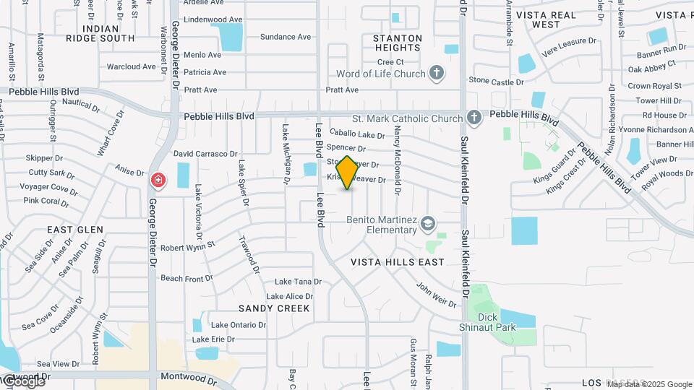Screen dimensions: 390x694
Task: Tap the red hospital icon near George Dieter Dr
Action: (157, 179)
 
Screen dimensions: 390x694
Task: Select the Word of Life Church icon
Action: (436, 73)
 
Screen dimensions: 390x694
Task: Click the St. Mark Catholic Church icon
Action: (474, 117)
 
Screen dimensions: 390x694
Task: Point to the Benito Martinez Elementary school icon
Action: (429, 224)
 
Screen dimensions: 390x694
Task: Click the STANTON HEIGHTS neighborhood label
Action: (398, 43)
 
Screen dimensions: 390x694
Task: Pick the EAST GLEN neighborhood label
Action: (75, 230)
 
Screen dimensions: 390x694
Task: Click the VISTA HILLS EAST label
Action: (398, 262)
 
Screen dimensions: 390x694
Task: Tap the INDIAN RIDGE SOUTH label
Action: (108, 33)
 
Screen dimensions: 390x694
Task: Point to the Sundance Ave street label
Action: (286, 37)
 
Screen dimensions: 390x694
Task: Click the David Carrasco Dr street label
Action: (205, 154)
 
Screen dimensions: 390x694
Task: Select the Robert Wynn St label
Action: (188, 247)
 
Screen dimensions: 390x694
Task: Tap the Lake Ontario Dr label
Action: (239, 325)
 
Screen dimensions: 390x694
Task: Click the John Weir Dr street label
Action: (437, 295)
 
